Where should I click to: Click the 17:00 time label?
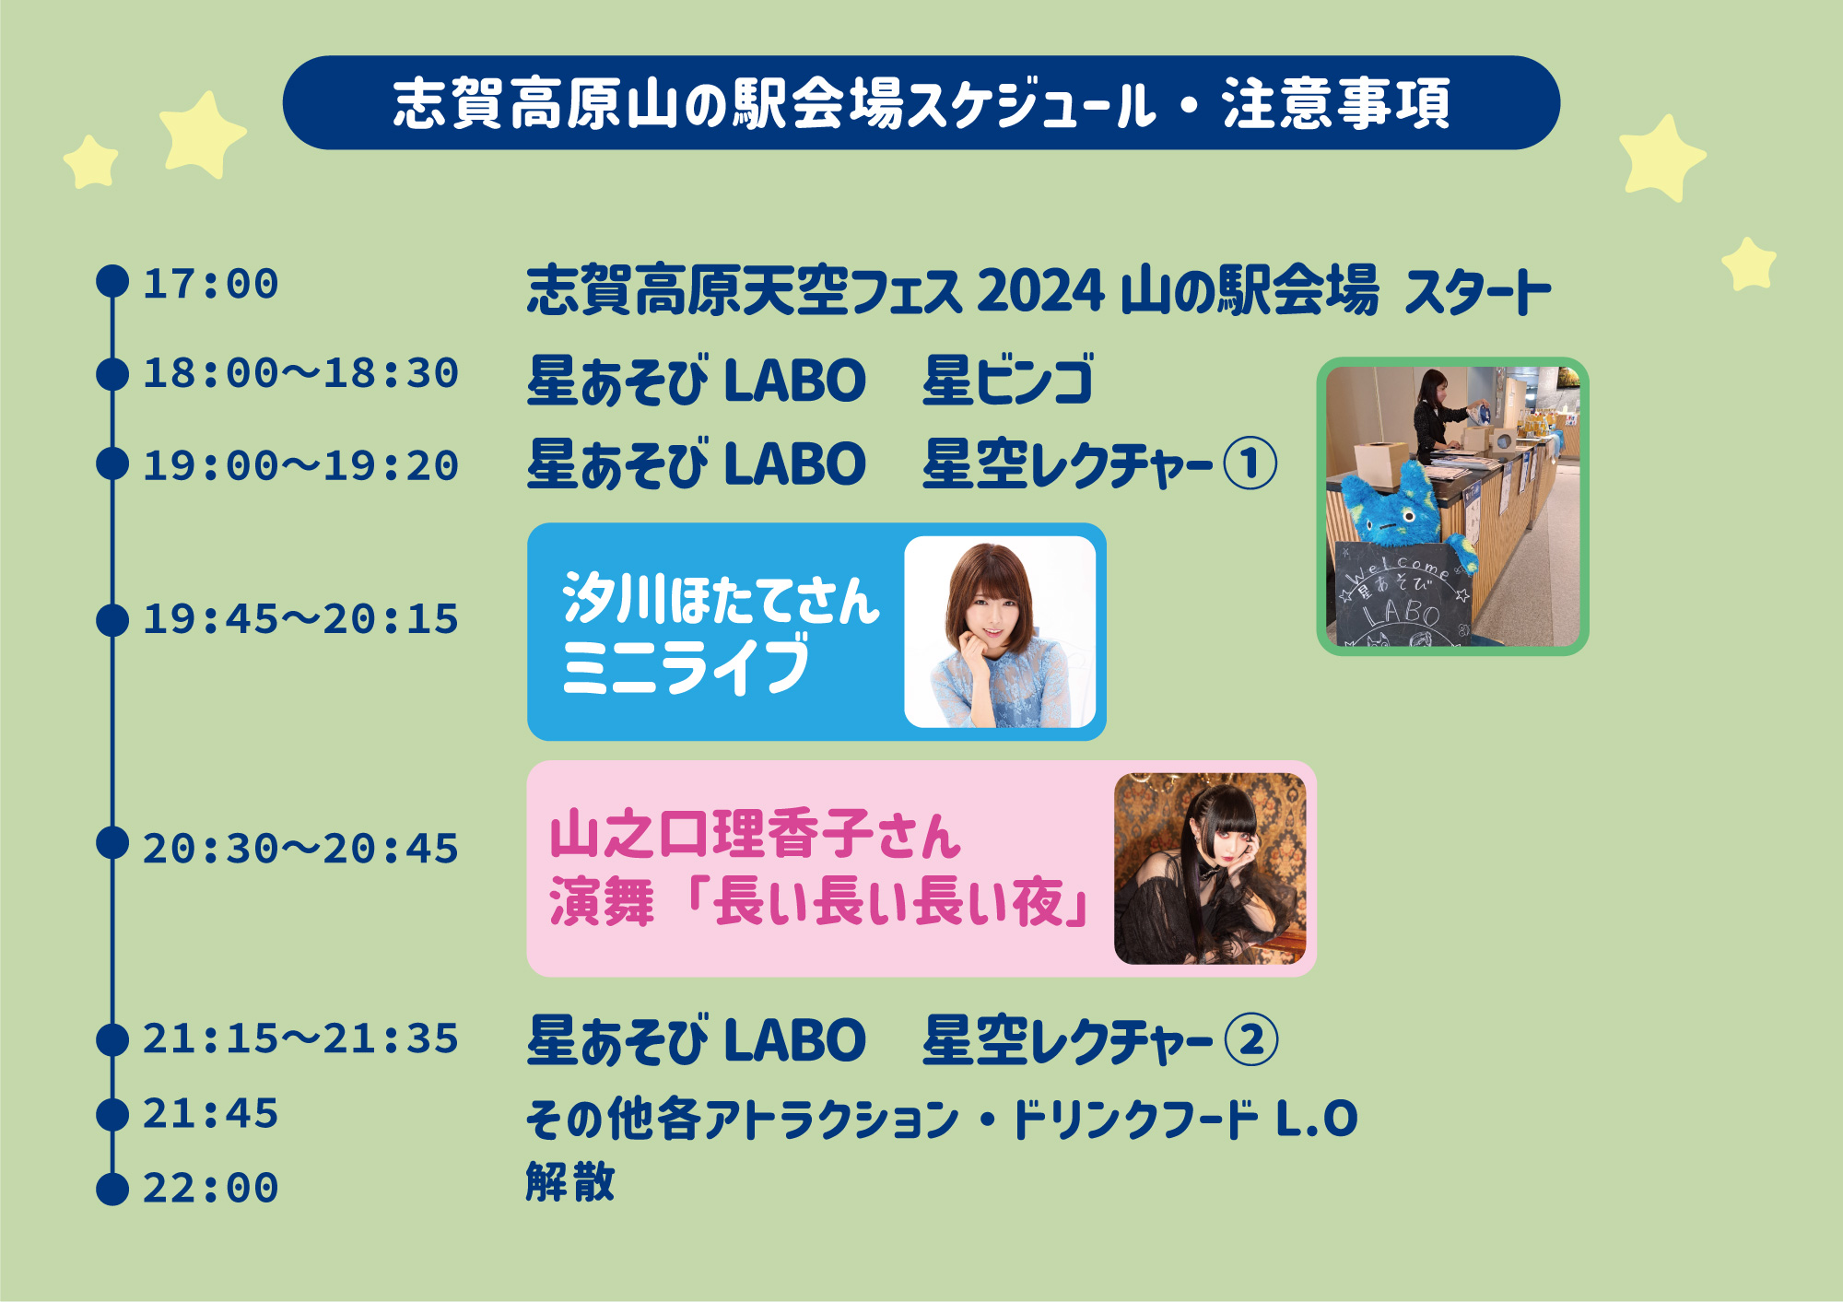point(210,284)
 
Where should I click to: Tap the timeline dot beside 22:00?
point(112,1189)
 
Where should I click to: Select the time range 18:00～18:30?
point(300,373)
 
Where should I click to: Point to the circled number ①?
point(1250,463)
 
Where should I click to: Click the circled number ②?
point(1251,1040)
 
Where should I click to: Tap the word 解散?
point(570,1181)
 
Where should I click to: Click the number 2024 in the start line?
point(1040,291)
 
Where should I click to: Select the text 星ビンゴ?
point(1008,380)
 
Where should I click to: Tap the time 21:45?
point(210,1114)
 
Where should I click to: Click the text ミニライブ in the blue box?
point(687,665)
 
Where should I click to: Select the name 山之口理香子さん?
point(756,834)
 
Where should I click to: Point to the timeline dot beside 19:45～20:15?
point(112,620)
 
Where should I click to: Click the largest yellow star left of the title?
point(202,135)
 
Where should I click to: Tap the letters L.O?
point(1317,1119)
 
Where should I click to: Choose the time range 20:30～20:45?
point(300,849)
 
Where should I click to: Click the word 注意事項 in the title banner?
point(1337,103)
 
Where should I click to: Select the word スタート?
point(1478,291)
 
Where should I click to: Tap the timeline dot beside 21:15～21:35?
point(112,1039)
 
